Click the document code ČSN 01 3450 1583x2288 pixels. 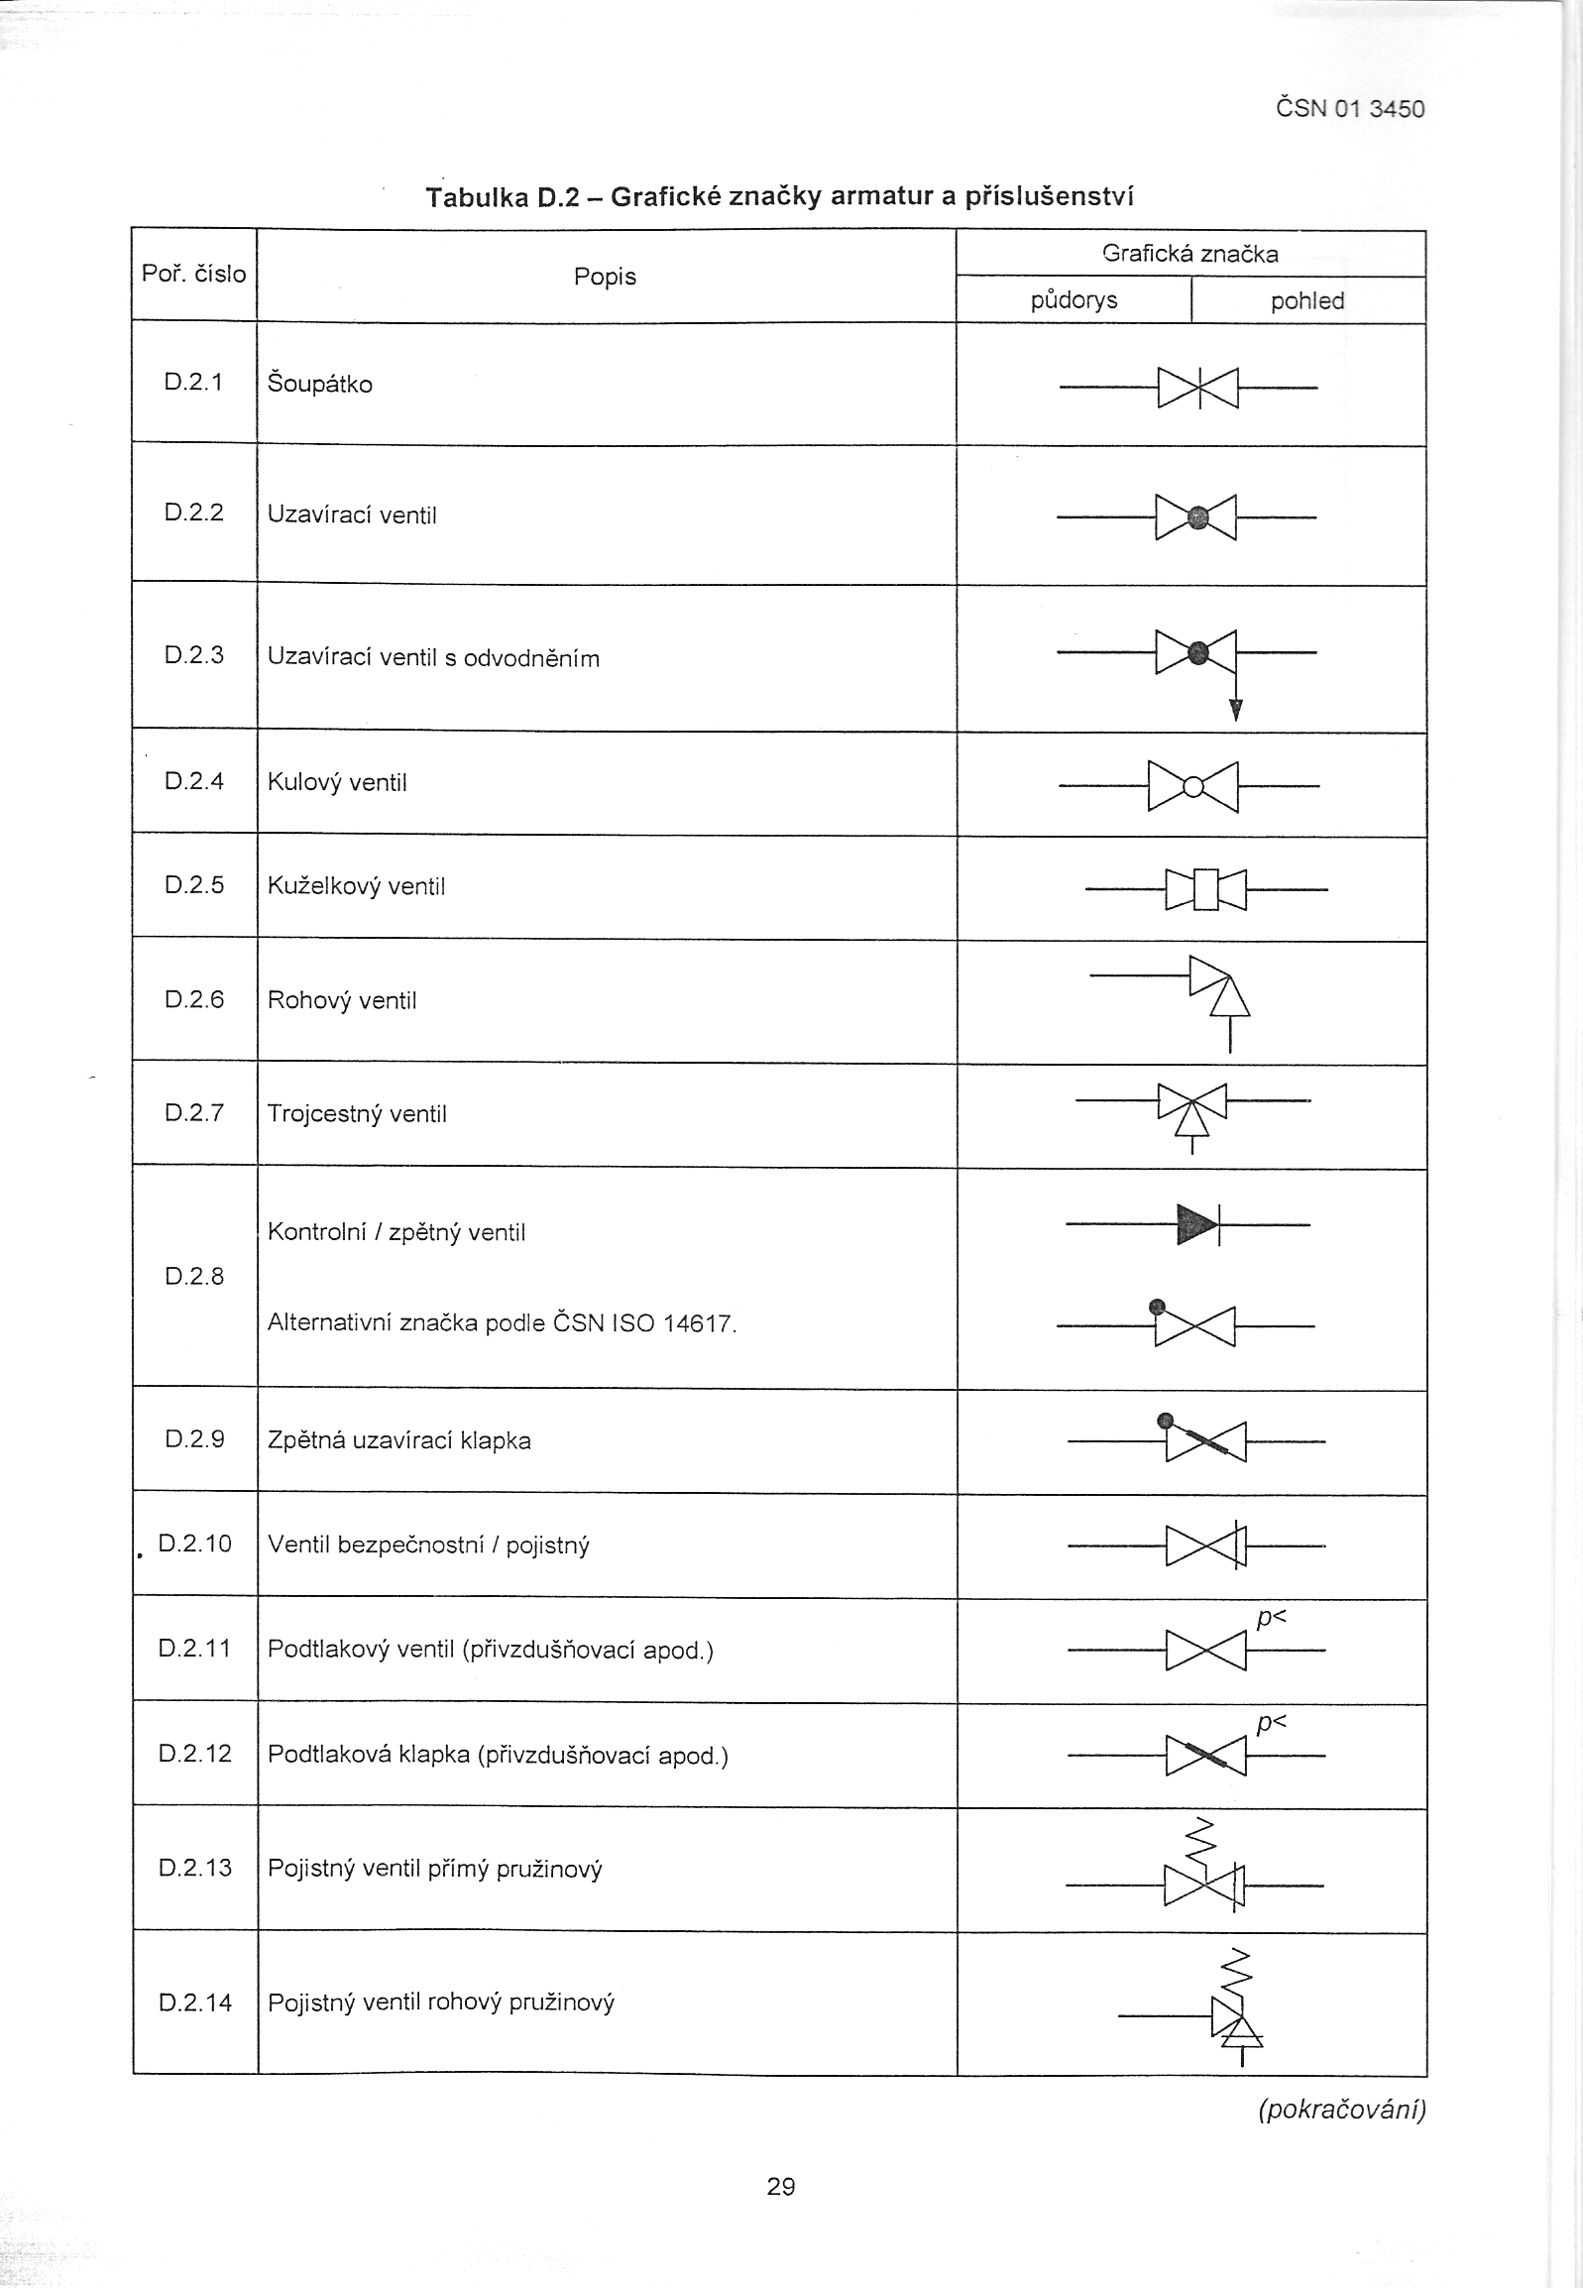coord(1349,108)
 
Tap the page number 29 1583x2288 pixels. coord(780,2185)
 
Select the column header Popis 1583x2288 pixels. coord(605,277)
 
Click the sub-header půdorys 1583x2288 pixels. coord(1074,300)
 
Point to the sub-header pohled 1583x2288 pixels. coord(1307,301)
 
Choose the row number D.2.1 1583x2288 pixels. coord(193,382)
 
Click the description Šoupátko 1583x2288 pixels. coord(319,384)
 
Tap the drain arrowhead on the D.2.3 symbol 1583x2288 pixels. coord(1235,709)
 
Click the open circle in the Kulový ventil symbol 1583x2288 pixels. coord(1193,787)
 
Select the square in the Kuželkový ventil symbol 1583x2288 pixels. coord(1205,888)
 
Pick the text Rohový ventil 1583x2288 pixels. coord(342,999)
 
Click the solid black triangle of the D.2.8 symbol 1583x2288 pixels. coord(1195,1225)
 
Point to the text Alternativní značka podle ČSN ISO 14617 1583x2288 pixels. coord(502,1323)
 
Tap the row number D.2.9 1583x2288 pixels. coord(194,1439)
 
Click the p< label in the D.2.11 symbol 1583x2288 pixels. coord(1271,1620)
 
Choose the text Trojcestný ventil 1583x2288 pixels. coord(357,1113)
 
